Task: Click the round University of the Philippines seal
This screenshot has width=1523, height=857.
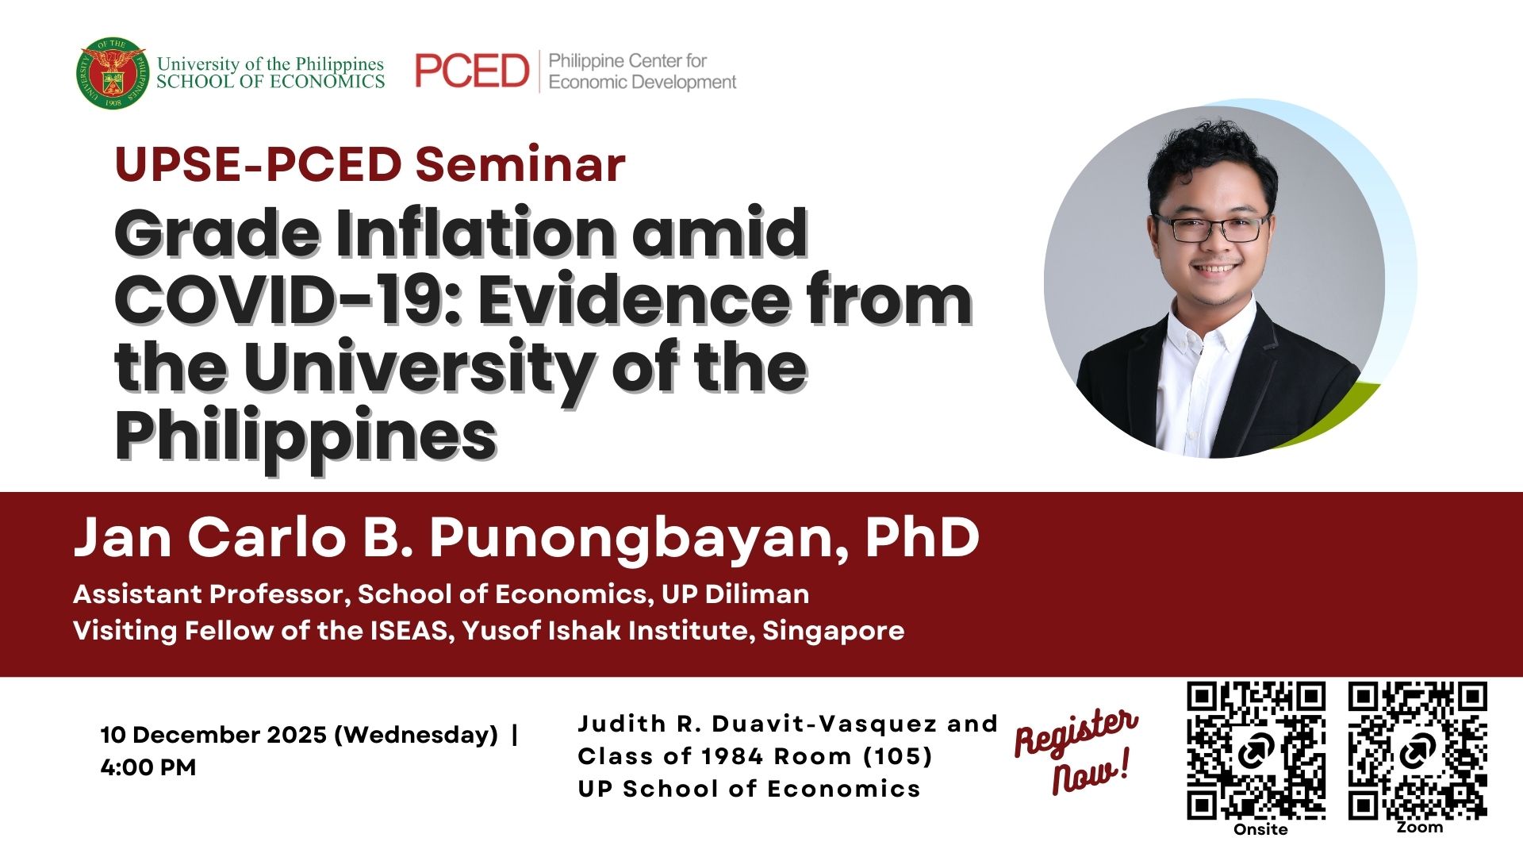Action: coord(113,72)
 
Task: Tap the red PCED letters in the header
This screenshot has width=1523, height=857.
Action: coord(472,71)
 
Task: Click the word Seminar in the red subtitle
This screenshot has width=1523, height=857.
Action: coord(520,164)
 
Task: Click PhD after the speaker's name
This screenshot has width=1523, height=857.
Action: coord(923,537)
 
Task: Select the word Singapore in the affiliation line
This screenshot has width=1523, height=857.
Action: coord(834,631)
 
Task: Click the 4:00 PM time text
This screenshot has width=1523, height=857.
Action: coord(148,767)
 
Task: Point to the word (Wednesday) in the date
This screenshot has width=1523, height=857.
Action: coord(416,735)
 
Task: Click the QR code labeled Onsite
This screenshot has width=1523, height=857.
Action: coord(1256,751)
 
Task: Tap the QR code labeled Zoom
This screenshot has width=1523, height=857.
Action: coord(1418,751)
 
